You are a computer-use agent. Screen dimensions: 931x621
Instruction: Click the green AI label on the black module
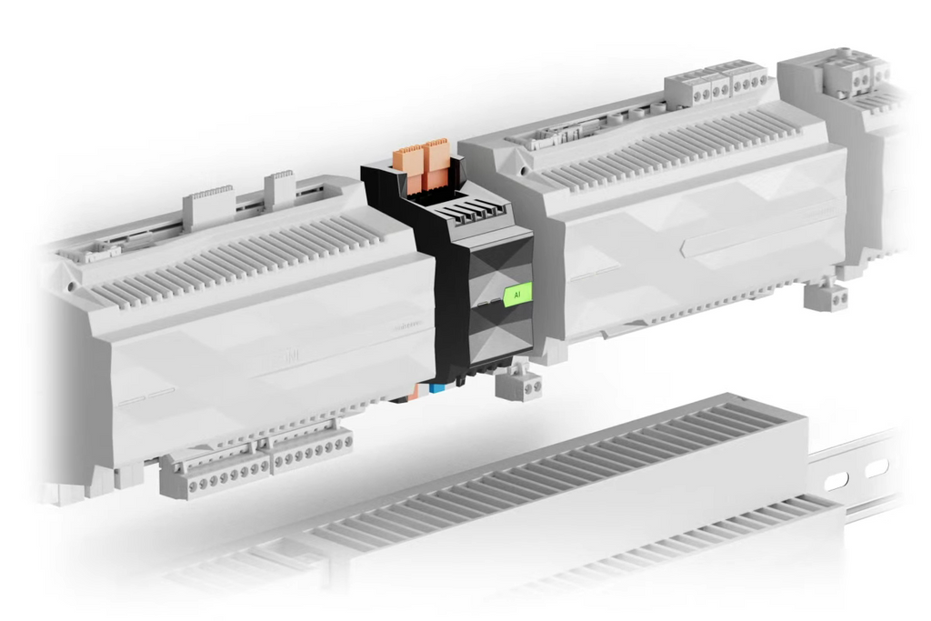click(x=517, y=295)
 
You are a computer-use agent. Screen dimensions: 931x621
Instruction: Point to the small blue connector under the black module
click(x=438, y=389)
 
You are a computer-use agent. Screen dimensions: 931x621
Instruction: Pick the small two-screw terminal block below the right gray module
click(x=826, y=296)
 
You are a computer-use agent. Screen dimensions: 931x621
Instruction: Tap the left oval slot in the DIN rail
click(x=836, y=481)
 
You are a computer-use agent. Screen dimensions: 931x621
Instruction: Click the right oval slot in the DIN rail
click(x=876, y=469)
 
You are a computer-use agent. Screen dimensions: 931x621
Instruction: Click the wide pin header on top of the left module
click(x=208, y=208)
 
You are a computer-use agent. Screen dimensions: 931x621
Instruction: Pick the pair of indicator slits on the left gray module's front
click(x=146, y=396)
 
